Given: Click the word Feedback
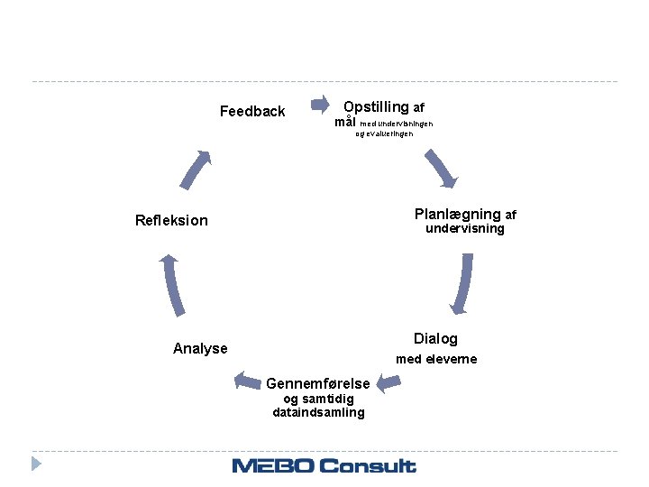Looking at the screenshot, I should [252, 112].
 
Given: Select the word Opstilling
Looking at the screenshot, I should [376, 107].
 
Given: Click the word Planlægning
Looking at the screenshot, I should [457, 215].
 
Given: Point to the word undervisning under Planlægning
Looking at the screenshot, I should [465, 229].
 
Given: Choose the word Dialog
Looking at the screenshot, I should [435, 339].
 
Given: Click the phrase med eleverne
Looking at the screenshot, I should [436, 359].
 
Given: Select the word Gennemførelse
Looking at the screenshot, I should [318, 384].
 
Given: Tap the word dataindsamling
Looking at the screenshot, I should [318, 413].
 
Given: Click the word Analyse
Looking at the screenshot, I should [200, 349].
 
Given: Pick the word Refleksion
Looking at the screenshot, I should [171, 221].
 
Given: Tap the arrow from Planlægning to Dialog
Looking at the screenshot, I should [462, 284].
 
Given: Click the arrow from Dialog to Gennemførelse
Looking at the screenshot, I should [388, 384].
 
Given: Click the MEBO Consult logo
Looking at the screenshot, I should [324, 465].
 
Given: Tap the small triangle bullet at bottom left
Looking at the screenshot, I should [36, 464].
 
